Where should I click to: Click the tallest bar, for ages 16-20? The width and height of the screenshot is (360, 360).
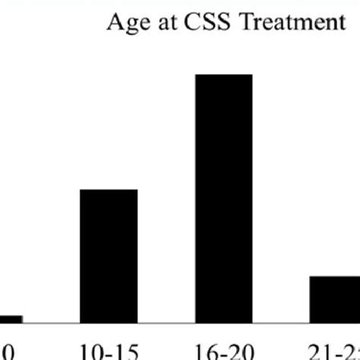pyautogui.click(x=224, y=197)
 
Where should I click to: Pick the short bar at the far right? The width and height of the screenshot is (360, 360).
pyautogui.click(x=334, y=299)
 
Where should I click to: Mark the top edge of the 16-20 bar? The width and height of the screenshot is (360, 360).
pyautogui.click(x=224, y=75)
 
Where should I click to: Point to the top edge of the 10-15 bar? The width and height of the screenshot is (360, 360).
pyautogui.click(x=109, y=191)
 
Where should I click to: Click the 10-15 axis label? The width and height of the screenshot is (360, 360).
pyautogui.click(x=109, y=350)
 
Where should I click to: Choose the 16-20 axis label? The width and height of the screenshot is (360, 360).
pyautogui.click(x=224, y=350)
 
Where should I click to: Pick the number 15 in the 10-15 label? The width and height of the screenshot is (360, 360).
pyautogui.click(x=125, y=350)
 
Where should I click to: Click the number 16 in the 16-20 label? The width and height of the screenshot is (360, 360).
pyautogui.click(x=207, y=350)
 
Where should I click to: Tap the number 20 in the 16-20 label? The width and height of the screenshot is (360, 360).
pyautogui.click(x=241, y=350)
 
